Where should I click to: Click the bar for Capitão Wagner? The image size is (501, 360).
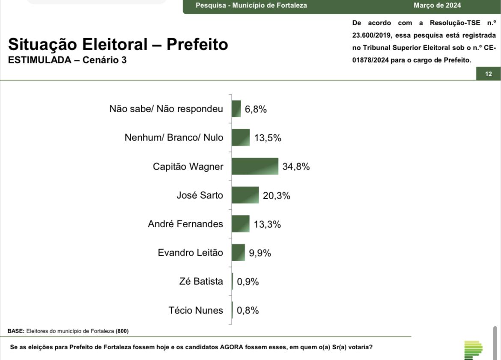[255, 166]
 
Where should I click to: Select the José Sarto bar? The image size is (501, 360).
[245, 195]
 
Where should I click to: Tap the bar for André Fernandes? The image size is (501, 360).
[241, 223]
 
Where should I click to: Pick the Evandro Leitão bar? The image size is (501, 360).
[239, 253]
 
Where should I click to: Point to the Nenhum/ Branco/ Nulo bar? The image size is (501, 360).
[241, 137]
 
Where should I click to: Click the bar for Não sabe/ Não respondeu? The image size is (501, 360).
[236, 109]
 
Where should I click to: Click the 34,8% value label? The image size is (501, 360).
[296, 167]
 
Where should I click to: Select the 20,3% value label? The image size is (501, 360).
[277, 196]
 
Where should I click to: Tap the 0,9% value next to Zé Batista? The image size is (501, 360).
[248, 282]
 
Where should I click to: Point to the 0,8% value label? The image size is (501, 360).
[248, 310]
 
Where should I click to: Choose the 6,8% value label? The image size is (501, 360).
[256, 109]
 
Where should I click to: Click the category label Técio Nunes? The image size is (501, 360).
[196, 310]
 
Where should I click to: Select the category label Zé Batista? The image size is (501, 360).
[201, 281]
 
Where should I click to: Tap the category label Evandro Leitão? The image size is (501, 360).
[190, 253]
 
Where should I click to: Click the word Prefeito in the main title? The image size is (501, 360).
[197, 44]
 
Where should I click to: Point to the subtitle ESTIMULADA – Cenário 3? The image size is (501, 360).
[67, 60]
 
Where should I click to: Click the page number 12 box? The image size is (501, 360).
[489, 74]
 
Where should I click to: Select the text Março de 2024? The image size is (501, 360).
[437, 6]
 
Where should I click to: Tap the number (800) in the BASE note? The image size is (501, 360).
[122, 331]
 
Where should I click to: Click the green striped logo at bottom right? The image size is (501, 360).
[473, 350]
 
